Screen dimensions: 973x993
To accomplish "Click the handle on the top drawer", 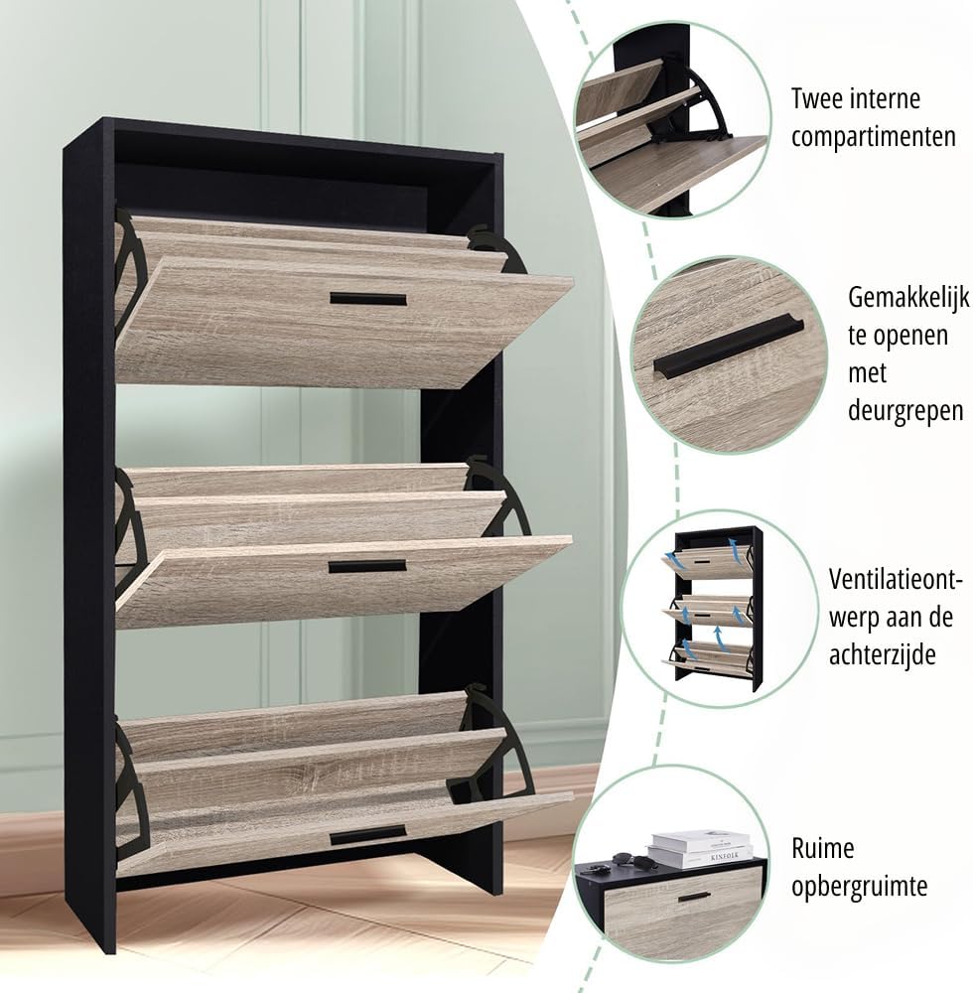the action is (367, 299).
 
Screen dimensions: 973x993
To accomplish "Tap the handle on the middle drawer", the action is (367, 566).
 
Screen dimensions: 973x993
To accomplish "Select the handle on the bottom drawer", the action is (367, 835).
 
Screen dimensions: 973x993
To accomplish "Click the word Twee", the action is (817, 98).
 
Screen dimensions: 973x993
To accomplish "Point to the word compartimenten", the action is (874, 137).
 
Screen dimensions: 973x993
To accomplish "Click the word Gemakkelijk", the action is (908, 298).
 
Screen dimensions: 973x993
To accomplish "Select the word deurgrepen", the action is (905, 411).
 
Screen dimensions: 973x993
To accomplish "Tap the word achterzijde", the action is (883, 654).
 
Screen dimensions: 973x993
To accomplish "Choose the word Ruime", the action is (822, 848).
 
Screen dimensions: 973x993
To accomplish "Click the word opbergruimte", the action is (859, 886).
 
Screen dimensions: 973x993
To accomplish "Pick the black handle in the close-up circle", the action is (728, 347).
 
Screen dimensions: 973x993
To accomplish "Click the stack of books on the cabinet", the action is (700, 848).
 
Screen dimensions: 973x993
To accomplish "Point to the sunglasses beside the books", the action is (629, 861).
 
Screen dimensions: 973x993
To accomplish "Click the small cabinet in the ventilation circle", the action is (712, 608).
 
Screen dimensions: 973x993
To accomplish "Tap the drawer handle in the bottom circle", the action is (694, 897).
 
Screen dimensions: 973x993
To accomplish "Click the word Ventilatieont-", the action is (896, 579).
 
